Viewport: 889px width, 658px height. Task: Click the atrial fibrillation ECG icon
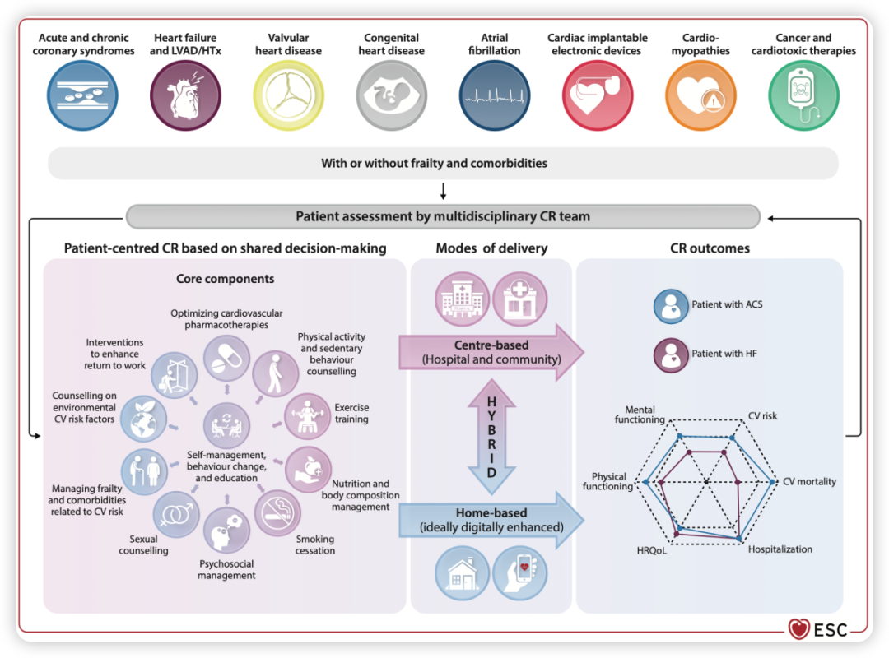495,95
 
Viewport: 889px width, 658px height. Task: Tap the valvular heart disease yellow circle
289,95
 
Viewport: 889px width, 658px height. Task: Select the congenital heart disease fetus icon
391,95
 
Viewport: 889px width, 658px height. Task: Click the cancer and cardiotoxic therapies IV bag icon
803,95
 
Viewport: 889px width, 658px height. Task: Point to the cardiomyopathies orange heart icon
700,95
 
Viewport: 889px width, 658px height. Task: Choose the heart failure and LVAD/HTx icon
185,95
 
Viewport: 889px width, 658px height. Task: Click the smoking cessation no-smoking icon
277,512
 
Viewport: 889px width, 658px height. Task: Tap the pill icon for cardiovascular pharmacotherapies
227,358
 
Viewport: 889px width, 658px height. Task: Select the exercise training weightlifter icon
307,416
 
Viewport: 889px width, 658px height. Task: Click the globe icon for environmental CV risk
143,419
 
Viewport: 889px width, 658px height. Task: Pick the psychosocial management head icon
226,531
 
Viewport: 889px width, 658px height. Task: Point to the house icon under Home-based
462,573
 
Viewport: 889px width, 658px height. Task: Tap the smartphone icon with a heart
520,573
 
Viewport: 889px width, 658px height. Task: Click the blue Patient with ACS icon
671,306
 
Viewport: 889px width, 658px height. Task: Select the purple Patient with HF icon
671,355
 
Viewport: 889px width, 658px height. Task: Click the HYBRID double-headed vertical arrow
491,437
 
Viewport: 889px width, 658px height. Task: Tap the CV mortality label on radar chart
809,482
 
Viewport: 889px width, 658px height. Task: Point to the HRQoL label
651,550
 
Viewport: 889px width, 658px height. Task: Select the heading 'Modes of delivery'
491,248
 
